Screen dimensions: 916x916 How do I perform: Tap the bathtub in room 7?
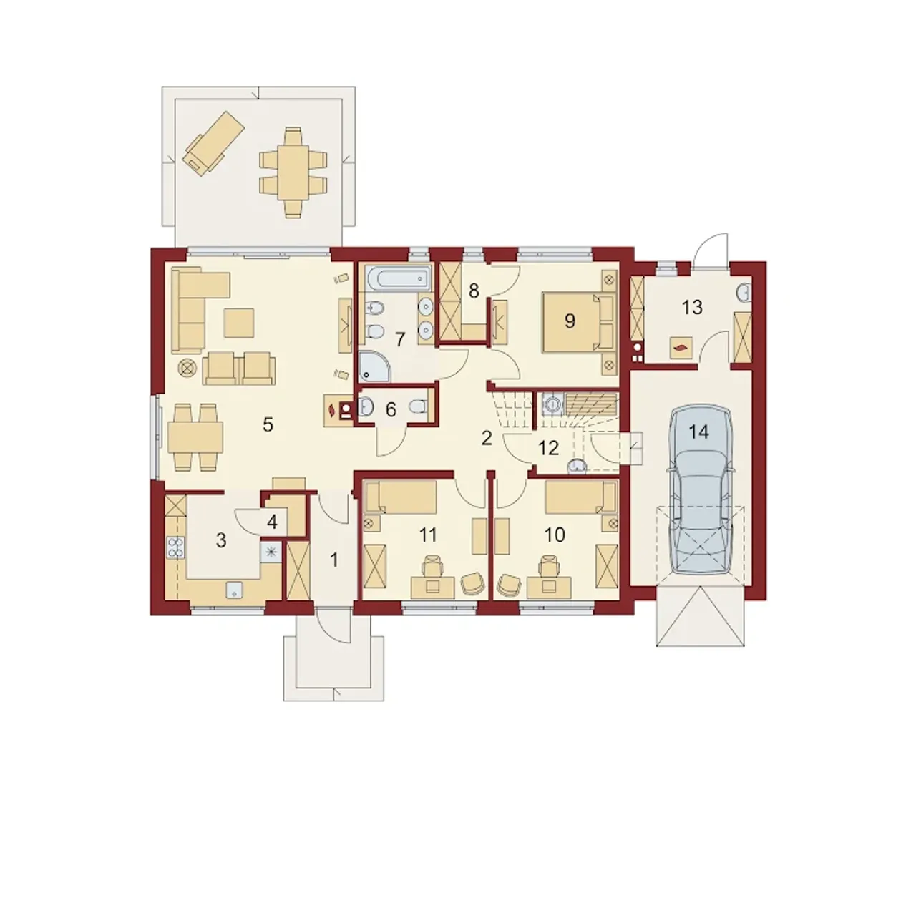(397, 277)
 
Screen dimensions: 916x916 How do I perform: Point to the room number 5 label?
(268, 425)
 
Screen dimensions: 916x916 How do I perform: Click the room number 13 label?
(692, 308)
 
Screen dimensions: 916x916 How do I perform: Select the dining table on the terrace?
(293, 172)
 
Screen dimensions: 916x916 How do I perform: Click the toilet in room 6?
(419, 407)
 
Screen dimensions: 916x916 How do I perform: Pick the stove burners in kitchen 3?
(176, 547)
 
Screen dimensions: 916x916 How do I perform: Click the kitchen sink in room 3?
(235, 590)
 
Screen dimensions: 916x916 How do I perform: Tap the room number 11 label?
(428, 535)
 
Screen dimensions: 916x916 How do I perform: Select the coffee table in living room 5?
(239, 322)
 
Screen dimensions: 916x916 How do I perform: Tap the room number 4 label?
(272, 522)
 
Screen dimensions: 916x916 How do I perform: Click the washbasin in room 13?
(745, 293)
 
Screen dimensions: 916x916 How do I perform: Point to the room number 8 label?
(474, 291)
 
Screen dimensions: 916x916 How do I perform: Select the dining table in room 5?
(195, 437)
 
